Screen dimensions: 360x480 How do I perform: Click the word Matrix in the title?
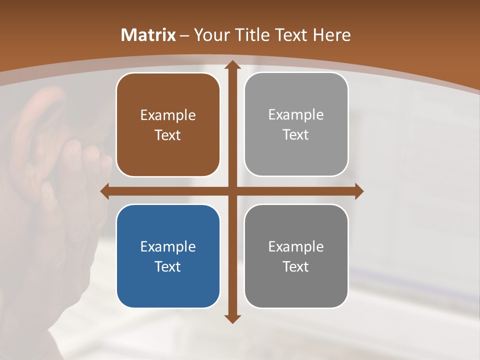point(148,35)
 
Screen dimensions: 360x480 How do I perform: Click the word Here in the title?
point(332,35)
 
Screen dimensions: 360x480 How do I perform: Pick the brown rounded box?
point(168,125)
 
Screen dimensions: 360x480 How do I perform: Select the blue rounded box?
point(168,256)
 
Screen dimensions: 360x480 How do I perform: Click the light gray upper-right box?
point(296,124)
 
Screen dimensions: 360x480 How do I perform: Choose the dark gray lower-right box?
point(296,256)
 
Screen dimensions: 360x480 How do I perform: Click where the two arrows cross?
point(232,191)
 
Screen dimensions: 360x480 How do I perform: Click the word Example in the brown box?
point(168,115)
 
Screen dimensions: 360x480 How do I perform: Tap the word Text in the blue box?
point(168,266)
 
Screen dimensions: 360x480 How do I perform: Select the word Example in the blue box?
point(168,246)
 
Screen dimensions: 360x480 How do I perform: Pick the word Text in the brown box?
point(168,135)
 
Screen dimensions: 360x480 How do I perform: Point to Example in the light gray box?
point(296,115)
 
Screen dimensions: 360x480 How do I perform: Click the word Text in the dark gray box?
point(296,266)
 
